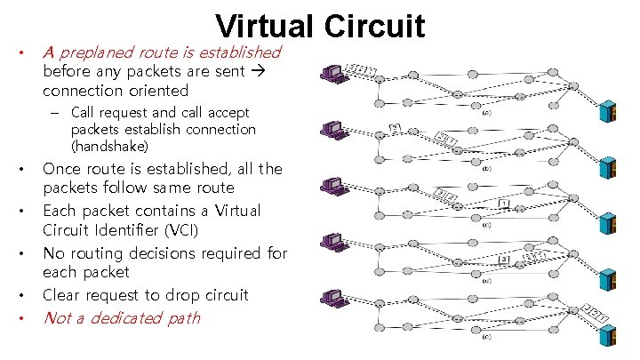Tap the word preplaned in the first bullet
tap(98, 52)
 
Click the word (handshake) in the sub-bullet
tap(109, 145)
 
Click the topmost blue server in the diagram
tap(611, 113)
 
